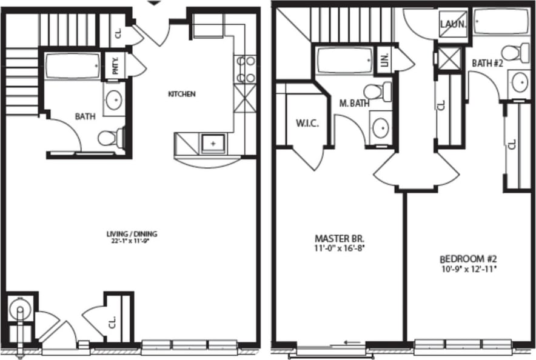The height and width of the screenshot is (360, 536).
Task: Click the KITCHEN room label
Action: (181, 95)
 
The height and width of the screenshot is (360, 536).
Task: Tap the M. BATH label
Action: (354, 103)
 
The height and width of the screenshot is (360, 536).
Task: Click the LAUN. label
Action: (454, 25)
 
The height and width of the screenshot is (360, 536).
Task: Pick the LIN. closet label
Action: (384, 60)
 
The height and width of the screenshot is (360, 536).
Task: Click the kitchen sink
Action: (213, 143)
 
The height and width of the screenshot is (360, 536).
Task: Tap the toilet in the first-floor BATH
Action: (110, 138)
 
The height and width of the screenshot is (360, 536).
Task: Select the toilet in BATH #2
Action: (515, 52)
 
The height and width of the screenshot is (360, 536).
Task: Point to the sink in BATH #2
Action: (520, 82)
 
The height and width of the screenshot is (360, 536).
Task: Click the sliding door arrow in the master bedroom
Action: (354, 342)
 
